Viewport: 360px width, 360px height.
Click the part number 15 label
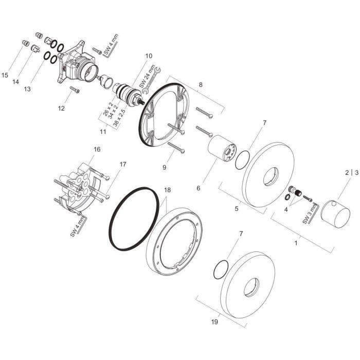(5, 75)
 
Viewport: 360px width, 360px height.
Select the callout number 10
(149, 56)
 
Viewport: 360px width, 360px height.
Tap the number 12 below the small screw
(61, 108)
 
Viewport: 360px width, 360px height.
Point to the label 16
(97, 150)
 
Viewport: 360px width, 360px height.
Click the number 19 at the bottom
(214, 322)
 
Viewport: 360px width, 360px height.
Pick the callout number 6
(198, 188)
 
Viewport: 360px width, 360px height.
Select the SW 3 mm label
(309, 214)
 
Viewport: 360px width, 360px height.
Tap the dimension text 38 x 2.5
(120, 117)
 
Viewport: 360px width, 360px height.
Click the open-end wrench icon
(152, 80)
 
